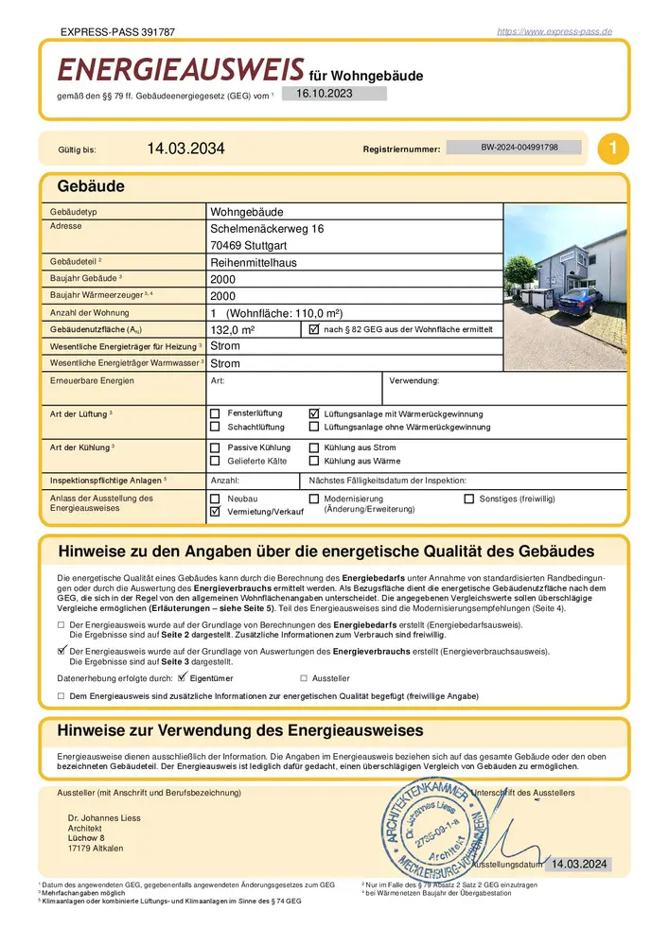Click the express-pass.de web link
(x=555, y=31)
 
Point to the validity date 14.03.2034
(x=186, y=149)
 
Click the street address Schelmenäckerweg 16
(x=266, y=229)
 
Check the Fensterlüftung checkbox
(x=215, y=414)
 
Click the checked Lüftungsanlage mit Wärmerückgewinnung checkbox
(x=315, y=414)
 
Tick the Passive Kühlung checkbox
(x=215, y=447)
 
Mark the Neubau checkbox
(x=215, y=498)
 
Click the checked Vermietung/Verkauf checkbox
(x=215, y=511)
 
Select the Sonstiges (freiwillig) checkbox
(x=469, y=498)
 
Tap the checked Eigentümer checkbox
(x=183, y=677)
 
